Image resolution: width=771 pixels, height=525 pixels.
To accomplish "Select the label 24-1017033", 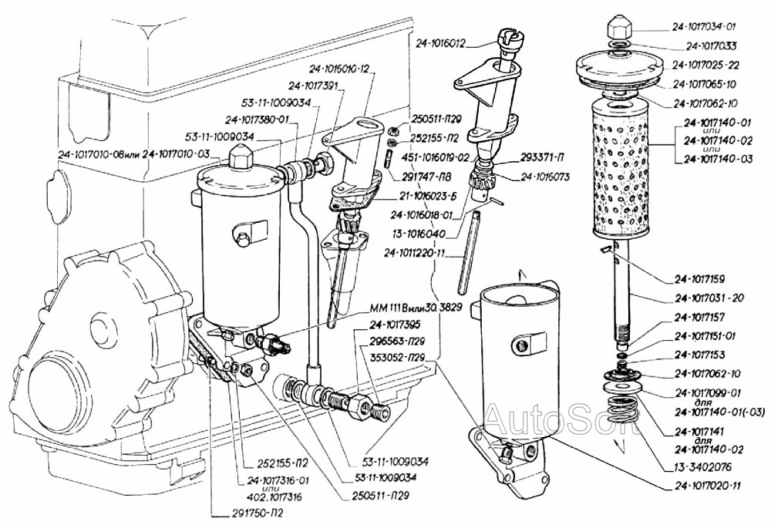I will (x=712, y=45).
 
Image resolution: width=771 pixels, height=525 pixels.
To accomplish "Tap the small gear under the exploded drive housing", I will (x=486, y=181).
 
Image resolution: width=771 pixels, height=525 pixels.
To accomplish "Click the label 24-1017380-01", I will (x=257, y=119).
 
